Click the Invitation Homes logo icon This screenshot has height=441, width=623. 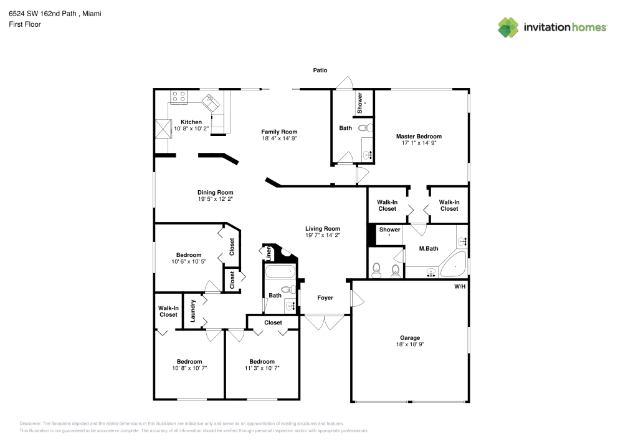(508, 27)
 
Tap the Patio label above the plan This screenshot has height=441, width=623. (320, 70)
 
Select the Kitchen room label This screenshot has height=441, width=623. (191, 122)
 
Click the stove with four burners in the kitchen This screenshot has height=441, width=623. (179, 97)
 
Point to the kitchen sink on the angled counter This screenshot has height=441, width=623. (211, 103)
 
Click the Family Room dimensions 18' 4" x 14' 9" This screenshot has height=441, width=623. (279, 138)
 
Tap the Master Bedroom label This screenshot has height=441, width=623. (419, 137)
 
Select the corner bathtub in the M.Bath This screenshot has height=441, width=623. (454, 264)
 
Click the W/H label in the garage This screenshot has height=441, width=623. (460, 286)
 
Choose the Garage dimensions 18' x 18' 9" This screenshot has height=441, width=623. (410, 344)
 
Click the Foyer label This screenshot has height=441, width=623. (325, 298)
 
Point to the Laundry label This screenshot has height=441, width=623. (193, 311)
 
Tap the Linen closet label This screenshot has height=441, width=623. (269, 253)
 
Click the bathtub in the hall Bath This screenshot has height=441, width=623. (280, 271)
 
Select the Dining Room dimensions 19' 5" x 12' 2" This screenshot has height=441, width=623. (216, 199)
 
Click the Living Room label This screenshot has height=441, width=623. (323, 229)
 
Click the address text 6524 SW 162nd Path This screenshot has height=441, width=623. (42, 14)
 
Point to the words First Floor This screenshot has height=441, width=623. (25, 24)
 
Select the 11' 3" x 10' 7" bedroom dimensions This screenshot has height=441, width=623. (262, 368)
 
